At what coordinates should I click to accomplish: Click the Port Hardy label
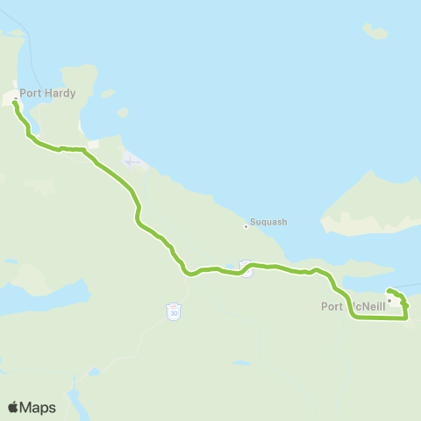pos(47,93)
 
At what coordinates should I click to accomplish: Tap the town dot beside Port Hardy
pos(15,98)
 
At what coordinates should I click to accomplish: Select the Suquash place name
pos(269,223)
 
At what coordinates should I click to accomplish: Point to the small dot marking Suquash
pos(246,227)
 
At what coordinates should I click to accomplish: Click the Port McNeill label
pos(353,306)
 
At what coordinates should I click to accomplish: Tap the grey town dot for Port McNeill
pos(389,299)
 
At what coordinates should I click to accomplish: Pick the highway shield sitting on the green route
pos(246,269)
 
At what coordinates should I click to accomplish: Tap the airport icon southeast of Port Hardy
pos(132,161)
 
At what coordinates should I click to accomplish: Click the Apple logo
pos(14,407)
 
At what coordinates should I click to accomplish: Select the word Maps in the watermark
pos(39,408)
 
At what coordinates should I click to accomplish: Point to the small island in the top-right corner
pos(375,32)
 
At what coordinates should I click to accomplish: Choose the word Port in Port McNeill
pos(332,306)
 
